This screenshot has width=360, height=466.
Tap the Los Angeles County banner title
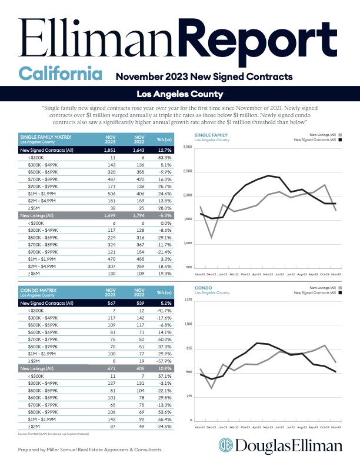tap(179, 94)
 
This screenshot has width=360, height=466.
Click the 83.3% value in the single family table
tap(164, 158)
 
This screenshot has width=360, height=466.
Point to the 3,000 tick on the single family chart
tap(188, 147)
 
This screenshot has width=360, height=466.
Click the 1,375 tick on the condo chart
tap(188, 300)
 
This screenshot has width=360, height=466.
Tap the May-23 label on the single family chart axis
tap(268, 274)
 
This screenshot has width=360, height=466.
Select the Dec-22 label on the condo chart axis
tap(211, 427)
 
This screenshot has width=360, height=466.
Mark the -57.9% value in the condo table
tap(164, 360)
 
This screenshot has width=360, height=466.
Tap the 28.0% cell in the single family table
tap(164, 208)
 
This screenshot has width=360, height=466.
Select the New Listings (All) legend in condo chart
tap(321, 288)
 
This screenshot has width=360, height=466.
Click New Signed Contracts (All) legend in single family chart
tap(315, 140)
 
